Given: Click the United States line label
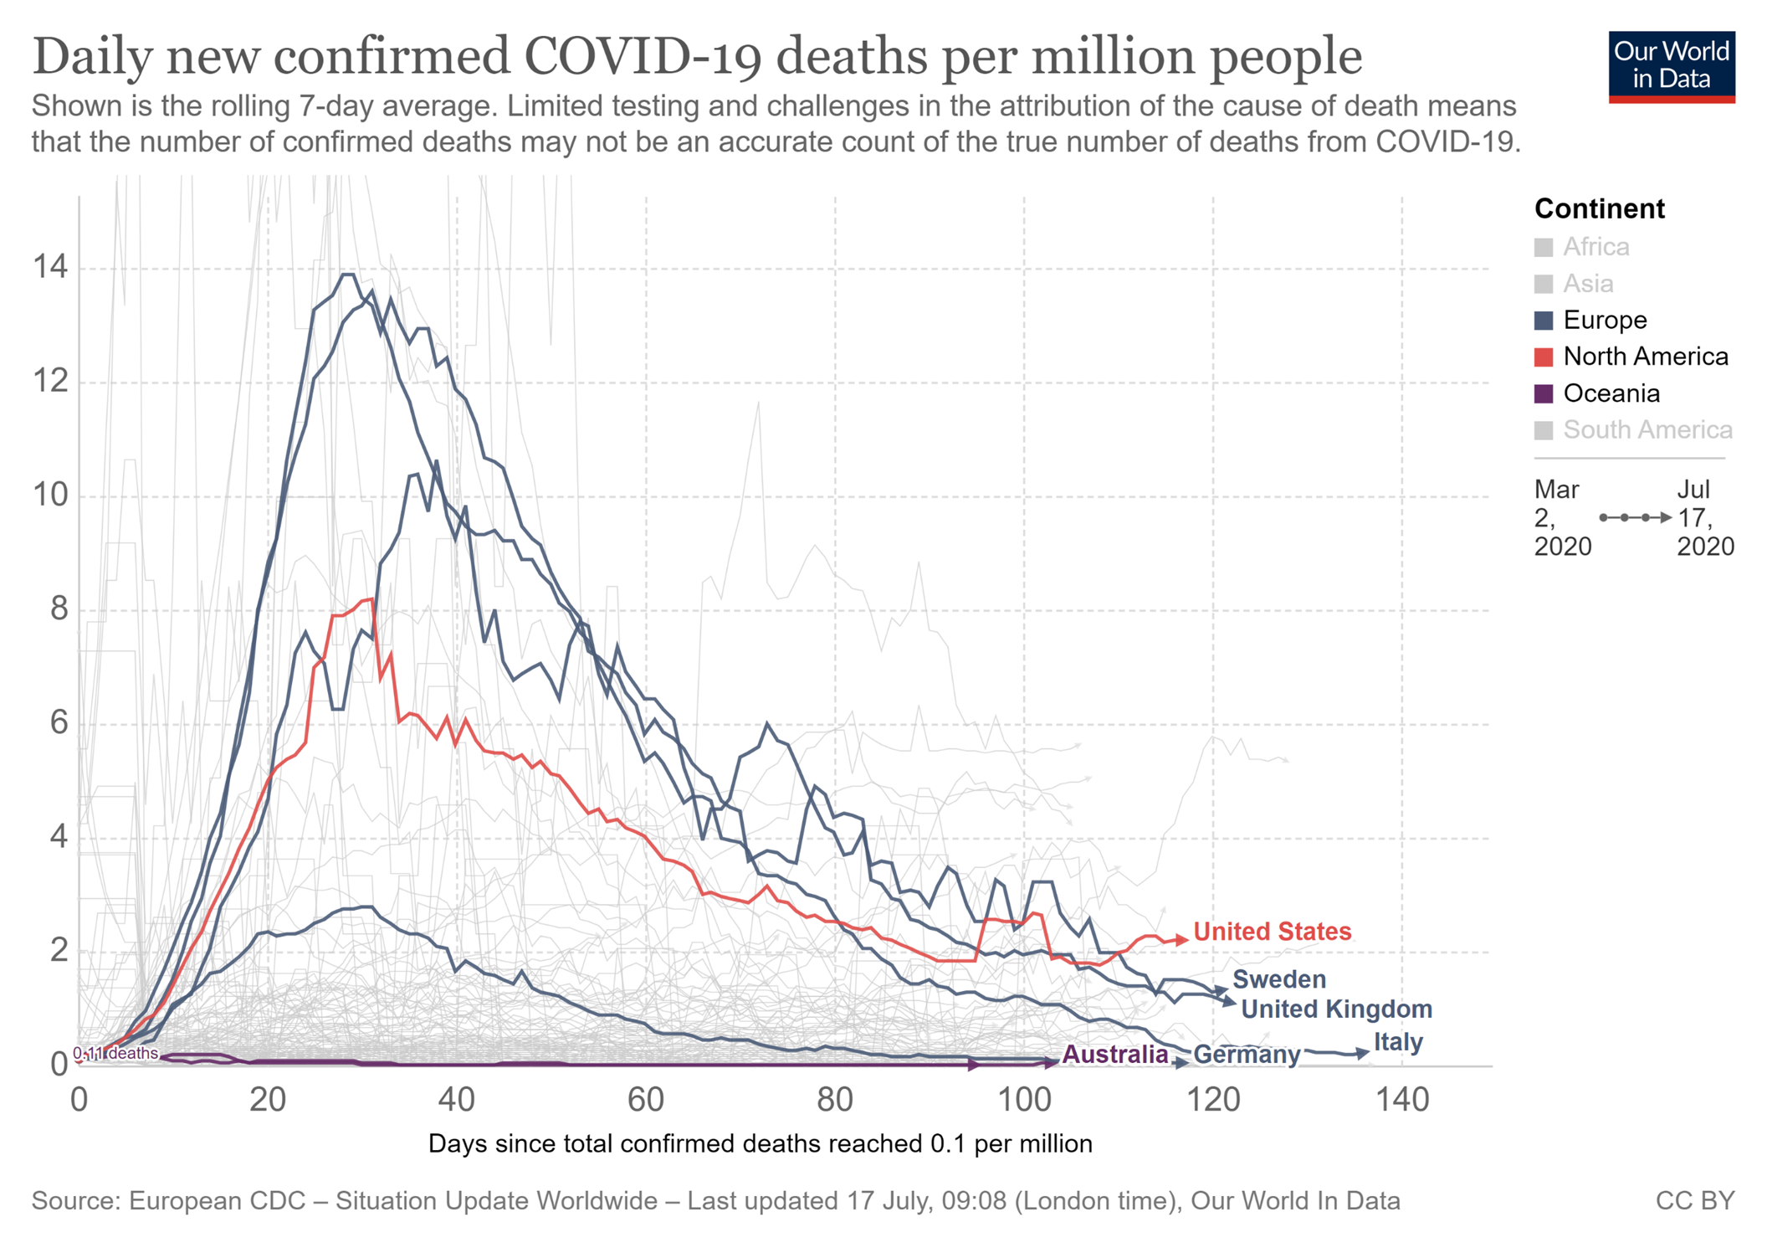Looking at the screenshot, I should click(1272, 931).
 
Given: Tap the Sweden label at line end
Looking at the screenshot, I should click(1278, 978).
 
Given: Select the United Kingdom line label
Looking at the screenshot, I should click(1336, 1009).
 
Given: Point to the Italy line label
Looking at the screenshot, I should click(1398, 1041).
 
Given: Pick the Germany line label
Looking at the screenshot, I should click(1247, 1054).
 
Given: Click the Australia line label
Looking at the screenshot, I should click(1114, 1054).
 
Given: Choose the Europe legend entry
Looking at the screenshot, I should click(1605, 320).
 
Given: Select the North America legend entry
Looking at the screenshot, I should click(1645, 357).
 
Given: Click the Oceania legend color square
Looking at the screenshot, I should click(1544, 393).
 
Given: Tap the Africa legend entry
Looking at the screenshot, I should click(1595, 247).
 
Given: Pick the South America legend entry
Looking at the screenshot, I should click(1647, 429).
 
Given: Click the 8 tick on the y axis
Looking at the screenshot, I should click(59, 609).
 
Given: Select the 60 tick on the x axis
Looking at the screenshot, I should click(645, 1099).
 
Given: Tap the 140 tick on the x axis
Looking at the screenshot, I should click(1401, 1099).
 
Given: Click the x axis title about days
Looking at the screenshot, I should click(760, 1143).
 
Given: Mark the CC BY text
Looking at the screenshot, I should click(1694, 1200).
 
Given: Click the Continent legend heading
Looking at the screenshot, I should click(1599, 208).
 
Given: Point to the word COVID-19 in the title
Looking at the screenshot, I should click(643, 57).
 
